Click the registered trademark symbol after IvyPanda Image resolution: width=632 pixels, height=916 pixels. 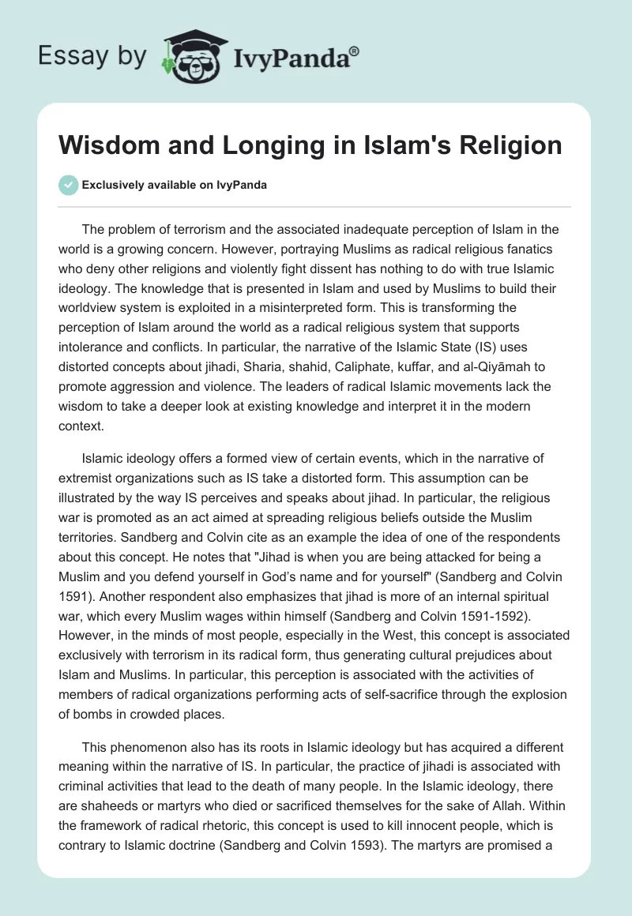(x=355, y=50)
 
